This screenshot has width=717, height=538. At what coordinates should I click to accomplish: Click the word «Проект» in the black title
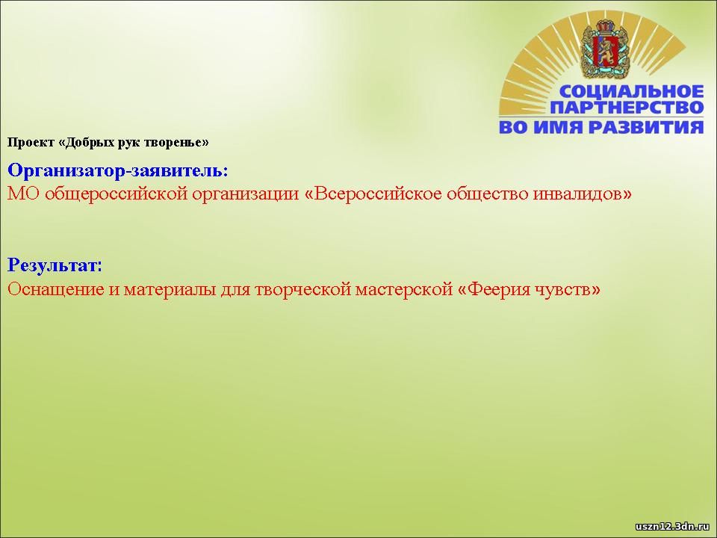coord(31,142)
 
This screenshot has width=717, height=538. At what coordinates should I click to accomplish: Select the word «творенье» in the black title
coord(176,142)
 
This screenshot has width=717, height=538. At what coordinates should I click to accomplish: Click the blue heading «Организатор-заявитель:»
coord(118,170)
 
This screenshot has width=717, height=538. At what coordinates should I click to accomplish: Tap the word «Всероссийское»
coord(373,194)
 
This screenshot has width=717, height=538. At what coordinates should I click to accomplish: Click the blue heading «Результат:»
coord(55,265)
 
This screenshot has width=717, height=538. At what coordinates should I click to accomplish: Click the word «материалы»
coord(170,289)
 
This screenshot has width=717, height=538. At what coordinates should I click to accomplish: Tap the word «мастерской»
coord(404,290)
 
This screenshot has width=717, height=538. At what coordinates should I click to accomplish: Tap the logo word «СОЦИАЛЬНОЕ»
coord(631,91)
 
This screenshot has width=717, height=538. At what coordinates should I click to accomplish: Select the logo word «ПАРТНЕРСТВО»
coord(627,108)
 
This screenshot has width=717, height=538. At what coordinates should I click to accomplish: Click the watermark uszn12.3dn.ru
coord(672,526)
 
